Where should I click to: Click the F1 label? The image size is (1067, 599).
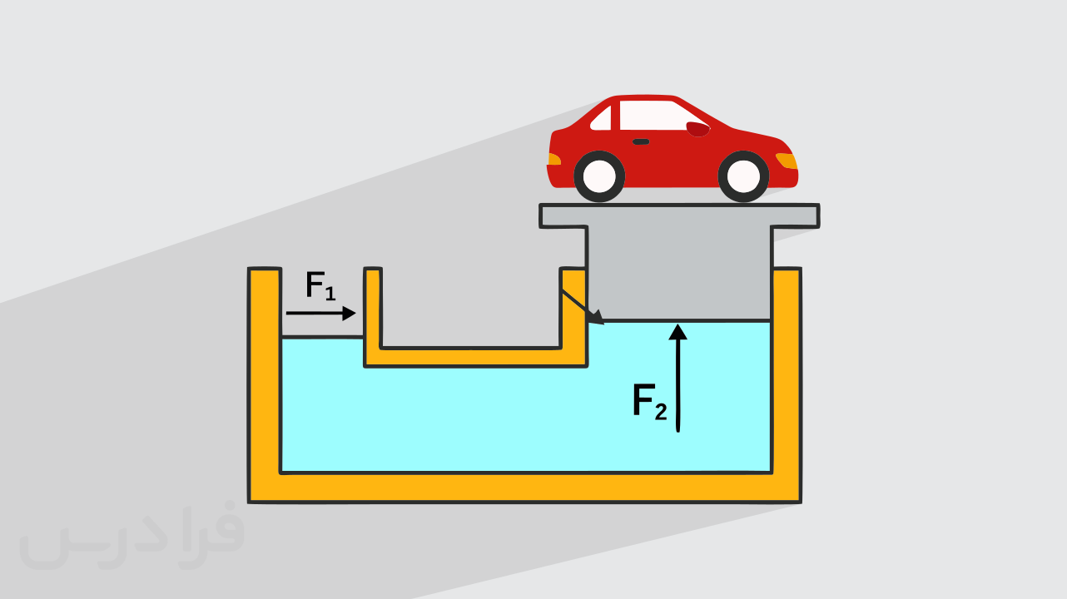320,285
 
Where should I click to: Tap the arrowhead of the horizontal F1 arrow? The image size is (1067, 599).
350,314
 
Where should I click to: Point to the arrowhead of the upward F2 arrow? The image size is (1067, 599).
677,332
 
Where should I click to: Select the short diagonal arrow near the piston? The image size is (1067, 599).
583,307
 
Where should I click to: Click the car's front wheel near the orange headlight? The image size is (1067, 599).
743,176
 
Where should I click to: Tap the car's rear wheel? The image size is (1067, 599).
599,176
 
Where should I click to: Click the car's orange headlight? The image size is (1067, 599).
787,161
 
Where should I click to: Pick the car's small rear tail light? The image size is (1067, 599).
554,159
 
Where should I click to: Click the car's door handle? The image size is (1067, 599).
641,141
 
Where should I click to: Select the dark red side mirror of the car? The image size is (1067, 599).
697,129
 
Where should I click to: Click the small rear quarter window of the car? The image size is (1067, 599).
601,119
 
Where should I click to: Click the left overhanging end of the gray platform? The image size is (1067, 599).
563,215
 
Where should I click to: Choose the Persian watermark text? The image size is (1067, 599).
132,536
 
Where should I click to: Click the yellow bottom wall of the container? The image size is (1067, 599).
524,488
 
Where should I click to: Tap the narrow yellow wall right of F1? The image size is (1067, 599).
373,317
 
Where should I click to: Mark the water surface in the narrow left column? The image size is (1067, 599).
322,337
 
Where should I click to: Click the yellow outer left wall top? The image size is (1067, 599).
265,270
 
